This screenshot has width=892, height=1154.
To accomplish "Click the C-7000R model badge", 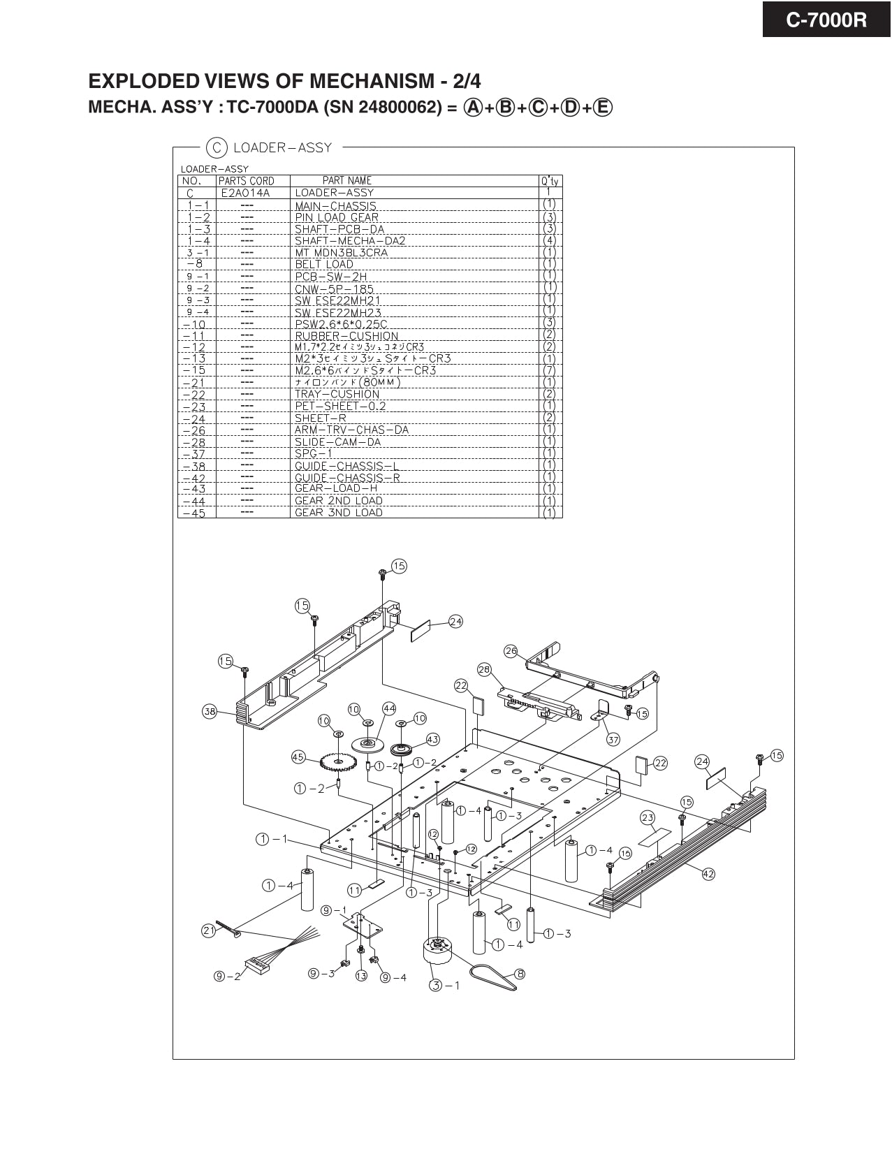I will tap(826, 20).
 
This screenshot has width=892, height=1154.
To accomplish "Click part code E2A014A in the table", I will tap(244, 193).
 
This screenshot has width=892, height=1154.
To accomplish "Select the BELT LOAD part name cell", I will tap(324, 264).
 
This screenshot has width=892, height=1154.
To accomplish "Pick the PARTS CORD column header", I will tap(247, 181).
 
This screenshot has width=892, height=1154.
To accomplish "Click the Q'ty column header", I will tap(549, 181).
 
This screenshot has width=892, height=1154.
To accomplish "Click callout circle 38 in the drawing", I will tap(210, 712).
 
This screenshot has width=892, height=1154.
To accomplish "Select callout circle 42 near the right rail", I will tap(708, 874).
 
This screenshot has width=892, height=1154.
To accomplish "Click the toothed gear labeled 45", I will tap(337, 761).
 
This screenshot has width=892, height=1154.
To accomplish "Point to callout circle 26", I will tap(511, 651).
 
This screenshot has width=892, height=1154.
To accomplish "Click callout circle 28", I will tap(484, 669).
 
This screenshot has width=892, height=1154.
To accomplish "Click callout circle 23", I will tap(648, 817).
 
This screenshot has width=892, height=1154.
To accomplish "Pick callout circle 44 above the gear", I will tap(390, 708).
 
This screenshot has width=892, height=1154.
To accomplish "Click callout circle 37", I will tap(613, 739).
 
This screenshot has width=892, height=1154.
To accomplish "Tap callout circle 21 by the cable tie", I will tap(209, 930).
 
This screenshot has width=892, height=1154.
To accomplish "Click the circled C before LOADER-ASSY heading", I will tap(217, 147).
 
